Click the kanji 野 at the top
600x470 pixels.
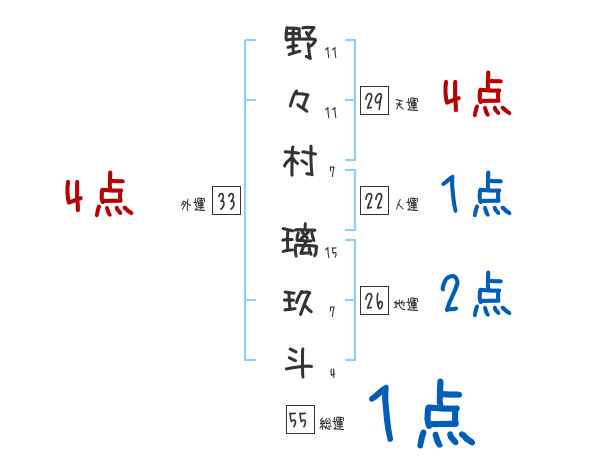click(301, 45)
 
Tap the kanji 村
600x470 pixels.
click(301, 160)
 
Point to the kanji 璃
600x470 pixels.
click(301, 243)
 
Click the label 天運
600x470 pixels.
click(406, 104)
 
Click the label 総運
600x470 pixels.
click(332, 423)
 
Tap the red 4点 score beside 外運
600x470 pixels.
click(98, 196)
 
